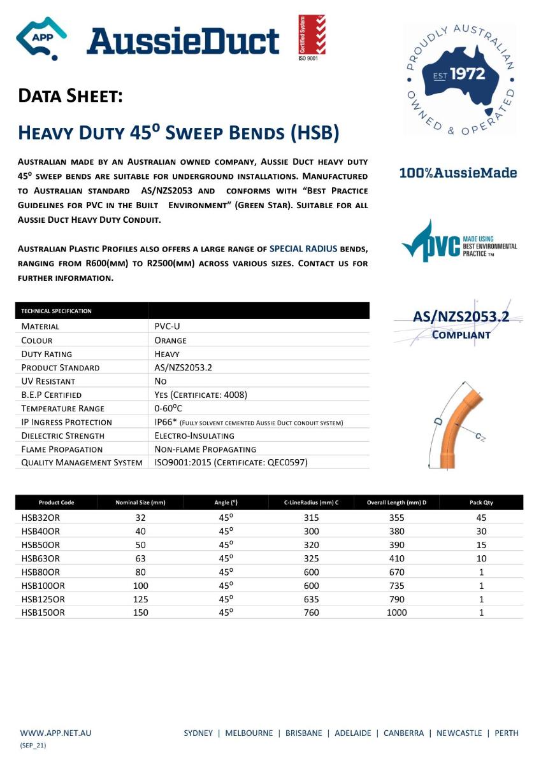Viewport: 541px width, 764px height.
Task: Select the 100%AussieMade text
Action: (458, 173)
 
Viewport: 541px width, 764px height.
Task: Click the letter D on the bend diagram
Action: (438, 421)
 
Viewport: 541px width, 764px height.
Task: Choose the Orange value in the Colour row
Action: (171, 340)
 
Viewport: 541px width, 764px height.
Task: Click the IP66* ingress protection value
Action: (168, 422)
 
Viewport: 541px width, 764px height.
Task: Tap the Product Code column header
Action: (56, 502)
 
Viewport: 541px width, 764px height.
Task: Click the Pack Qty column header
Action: (481, 502)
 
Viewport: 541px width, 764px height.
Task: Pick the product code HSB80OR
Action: (41, 572)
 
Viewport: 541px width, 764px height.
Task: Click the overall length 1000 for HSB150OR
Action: (396, 612)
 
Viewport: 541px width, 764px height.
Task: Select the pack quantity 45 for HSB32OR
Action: (481, 518)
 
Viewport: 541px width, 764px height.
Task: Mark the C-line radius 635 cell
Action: (311, 599)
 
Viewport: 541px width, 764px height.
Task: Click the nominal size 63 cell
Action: (140, 558)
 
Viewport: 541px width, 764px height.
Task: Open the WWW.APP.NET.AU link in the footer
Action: (56, 733)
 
